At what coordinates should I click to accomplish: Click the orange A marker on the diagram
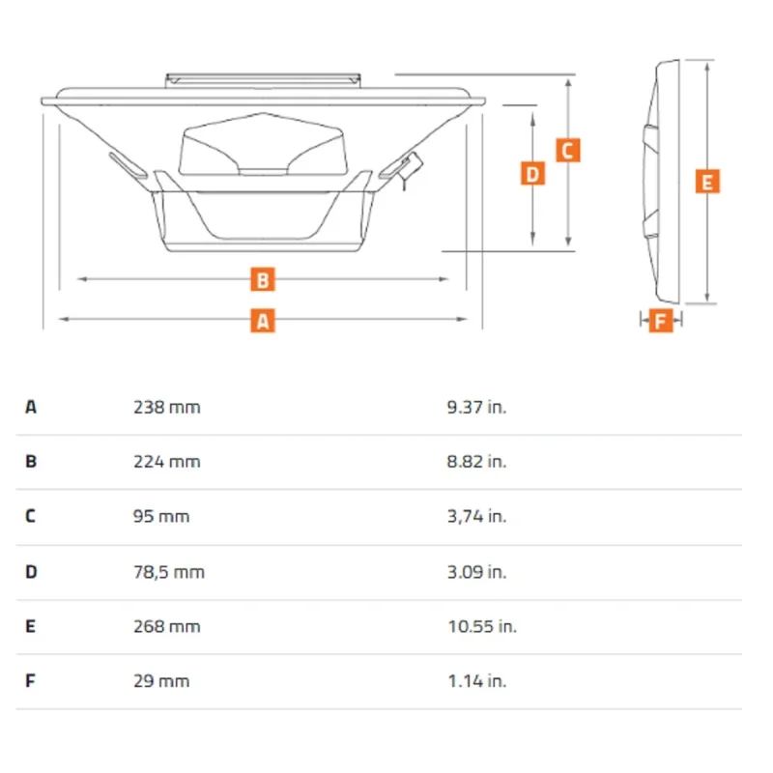263,321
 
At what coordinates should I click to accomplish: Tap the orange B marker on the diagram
263,279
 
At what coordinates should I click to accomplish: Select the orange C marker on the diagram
568,151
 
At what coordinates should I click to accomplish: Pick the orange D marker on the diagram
533,174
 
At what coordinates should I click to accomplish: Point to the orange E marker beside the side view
707,182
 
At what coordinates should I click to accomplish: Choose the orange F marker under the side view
661,321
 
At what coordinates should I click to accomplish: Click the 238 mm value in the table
166,407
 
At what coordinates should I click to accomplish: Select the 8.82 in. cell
476,462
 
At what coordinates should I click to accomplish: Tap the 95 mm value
161,516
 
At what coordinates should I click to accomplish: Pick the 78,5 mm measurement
168,572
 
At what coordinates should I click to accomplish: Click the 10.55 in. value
482,626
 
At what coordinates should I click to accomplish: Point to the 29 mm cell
161,681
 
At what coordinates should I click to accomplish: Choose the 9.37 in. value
476,407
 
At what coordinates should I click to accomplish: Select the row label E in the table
31,626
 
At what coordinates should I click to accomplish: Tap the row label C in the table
31,516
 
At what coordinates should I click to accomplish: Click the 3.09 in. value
476,572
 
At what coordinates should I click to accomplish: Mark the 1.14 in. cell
476,681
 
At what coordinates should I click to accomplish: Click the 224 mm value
166,462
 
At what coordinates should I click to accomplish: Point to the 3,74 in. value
476,516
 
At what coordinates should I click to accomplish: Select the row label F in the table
30,681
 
